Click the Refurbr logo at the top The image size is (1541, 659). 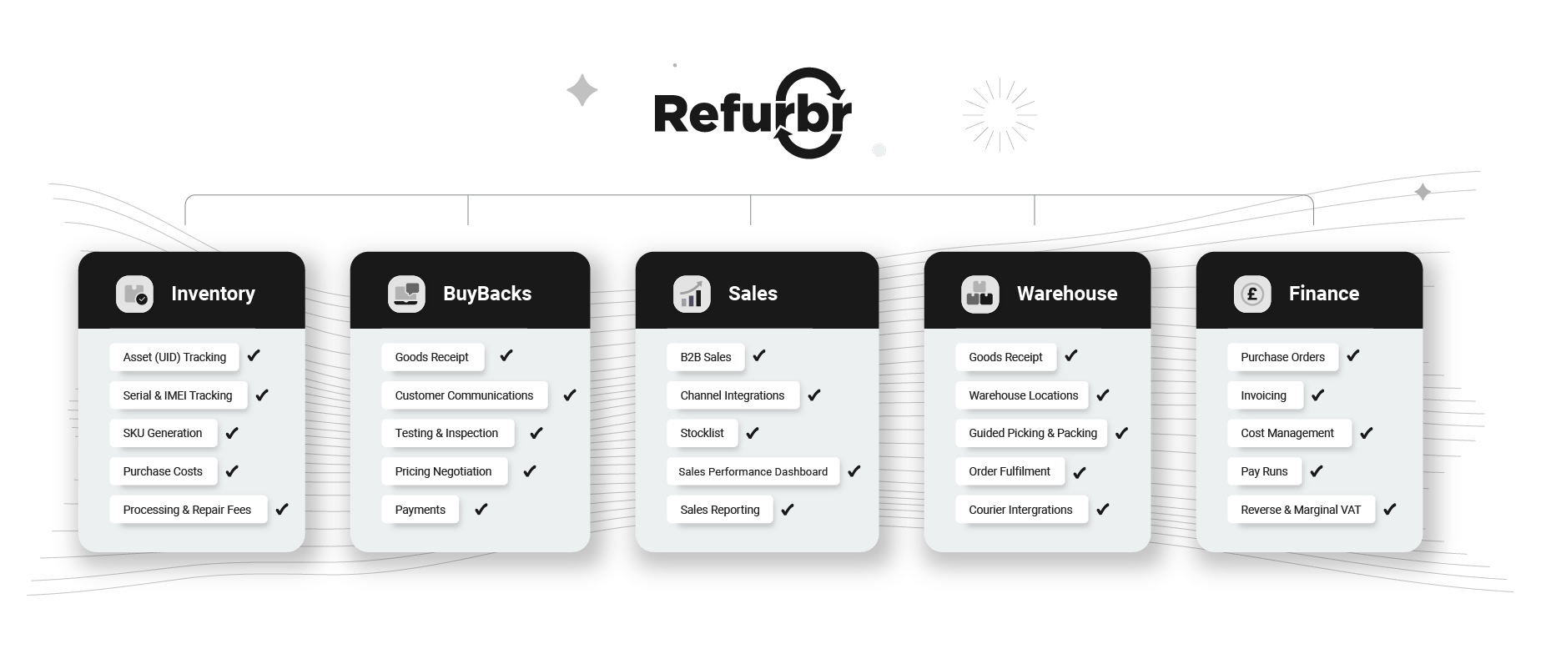753,114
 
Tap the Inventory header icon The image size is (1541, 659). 134,294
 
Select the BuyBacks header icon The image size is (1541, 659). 406,294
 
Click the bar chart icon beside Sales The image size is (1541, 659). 692,294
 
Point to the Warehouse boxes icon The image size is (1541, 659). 979,294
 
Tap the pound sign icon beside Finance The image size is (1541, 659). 1251,294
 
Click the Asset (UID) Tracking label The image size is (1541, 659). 174,357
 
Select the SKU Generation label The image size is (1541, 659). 163,433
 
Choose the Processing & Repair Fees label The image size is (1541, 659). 187,510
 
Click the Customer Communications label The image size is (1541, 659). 464,395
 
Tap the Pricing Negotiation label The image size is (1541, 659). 443,471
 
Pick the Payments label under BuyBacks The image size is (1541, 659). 420,510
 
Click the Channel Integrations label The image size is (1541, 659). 732,395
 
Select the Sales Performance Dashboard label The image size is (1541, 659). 753,471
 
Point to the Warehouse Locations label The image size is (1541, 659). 1023,395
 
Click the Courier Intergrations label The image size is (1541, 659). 1020,510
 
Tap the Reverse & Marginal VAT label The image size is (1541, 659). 1300,510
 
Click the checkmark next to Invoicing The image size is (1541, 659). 1317,395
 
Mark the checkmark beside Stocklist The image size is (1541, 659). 752,433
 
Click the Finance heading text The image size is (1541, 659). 1323,294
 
